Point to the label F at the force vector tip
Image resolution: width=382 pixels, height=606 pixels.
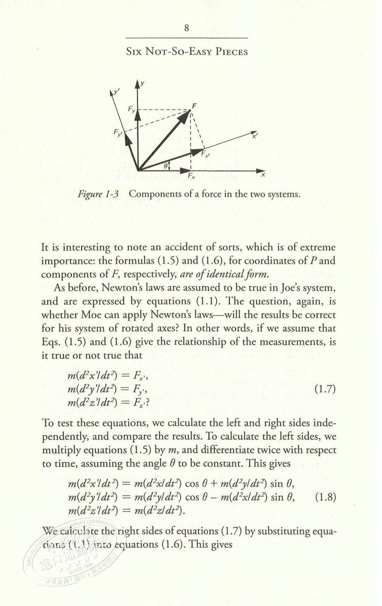(x=194, y=107)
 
